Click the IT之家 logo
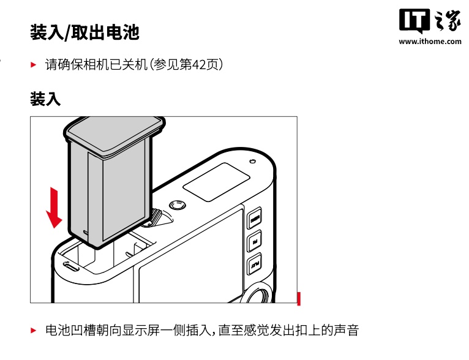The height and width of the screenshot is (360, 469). point(430,20)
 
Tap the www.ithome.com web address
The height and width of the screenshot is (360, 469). point(430,41)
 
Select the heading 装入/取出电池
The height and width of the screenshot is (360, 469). point(84,32)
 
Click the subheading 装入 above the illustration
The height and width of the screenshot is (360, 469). point(45,99)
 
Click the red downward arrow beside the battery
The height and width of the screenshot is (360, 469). point(54,208)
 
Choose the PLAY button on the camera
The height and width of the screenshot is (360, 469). point(255,264)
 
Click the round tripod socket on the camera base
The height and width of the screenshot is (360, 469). point(178,205)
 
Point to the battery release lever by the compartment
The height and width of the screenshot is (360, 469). point(156,218)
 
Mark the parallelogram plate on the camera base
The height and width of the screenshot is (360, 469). point(216,182)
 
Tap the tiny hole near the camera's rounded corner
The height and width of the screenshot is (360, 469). point(252,162)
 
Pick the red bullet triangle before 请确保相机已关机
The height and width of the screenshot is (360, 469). point(34,64)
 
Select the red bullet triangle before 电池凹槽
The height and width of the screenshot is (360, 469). point(34,331)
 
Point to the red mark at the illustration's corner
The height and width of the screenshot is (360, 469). point(299,299)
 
